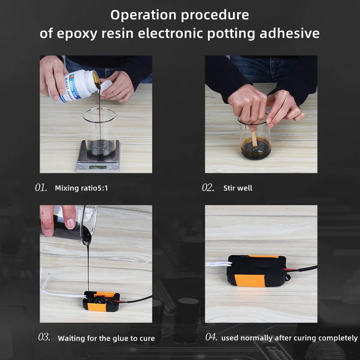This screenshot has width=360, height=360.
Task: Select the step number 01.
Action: click(41, 188)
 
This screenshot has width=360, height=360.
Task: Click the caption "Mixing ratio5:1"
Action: click(81, 188)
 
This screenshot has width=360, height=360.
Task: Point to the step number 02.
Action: click(208, 188)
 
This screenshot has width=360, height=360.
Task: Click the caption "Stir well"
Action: click(238, 188)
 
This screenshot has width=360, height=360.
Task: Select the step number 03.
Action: click(44, 337)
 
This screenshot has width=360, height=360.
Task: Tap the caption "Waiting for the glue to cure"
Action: click(106, 338)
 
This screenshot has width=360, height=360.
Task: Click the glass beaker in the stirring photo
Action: click(255, 142)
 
